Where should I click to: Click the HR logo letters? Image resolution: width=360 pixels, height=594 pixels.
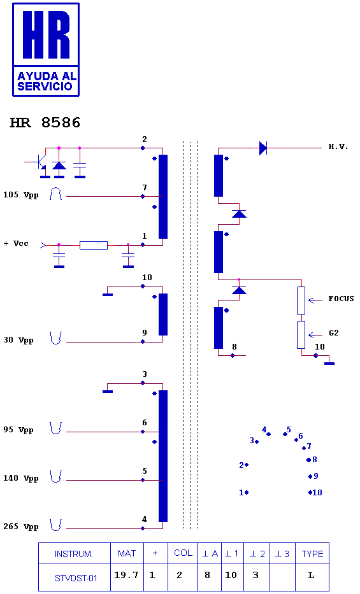(46, 34)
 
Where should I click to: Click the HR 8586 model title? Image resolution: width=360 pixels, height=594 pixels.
(45, 123)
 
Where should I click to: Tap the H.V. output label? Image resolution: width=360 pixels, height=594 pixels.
(338, 146)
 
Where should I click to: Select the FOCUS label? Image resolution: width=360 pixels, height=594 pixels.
(341, 299)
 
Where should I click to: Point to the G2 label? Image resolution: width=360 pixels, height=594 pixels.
(333, 333)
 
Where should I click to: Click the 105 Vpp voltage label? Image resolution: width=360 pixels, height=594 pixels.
(21, 195)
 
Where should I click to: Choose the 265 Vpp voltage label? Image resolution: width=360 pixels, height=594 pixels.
(21, 527)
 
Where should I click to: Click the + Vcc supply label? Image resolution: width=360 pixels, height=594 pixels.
(16, 243)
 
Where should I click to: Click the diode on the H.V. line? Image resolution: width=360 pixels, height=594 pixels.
(263, 148)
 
